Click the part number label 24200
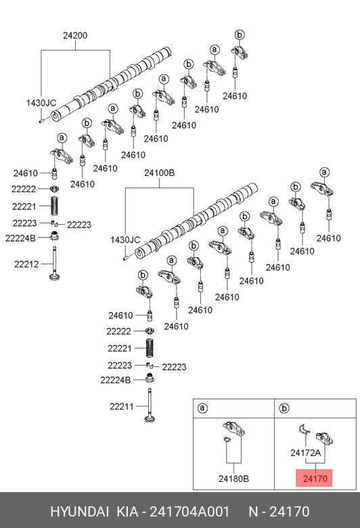click(75, 35)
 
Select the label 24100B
click(159, 173)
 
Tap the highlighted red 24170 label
click(315, 479)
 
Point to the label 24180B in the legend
click(233, 479)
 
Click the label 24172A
click(306, 453)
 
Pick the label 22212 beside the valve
click(26, 264)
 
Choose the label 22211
click(122, 406)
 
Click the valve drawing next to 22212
click(55, 263)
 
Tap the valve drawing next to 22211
click(150, 405)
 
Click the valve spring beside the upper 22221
click(55, 206)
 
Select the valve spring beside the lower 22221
click(150, 348)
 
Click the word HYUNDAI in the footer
click(79, 512)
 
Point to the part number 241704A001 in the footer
click(189, 512)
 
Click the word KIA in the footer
click(127, 512)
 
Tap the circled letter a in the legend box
click(202, 408)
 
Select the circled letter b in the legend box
click(284, 408)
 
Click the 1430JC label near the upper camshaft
click(41, 103)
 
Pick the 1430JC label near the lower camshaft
click(125, 240)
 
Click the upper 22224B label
click(20, 238)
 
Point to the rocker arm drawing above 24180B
click(233, 428)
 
